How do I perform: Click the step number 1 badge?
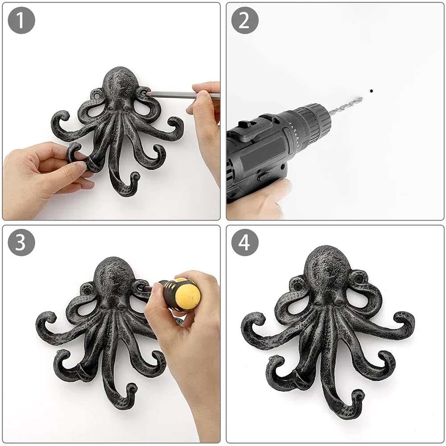click(x=21, y=21)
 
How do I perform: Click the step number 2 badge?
click(x=245, y=21)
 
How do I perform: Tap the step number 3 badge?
click(x=21, y=243)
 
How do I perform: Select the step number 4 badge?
click(x=245, y=243)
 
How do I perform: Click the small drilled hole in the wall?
click(x=371, y=91)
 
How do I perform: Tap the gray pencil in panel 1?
click(x=178, y=95)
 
